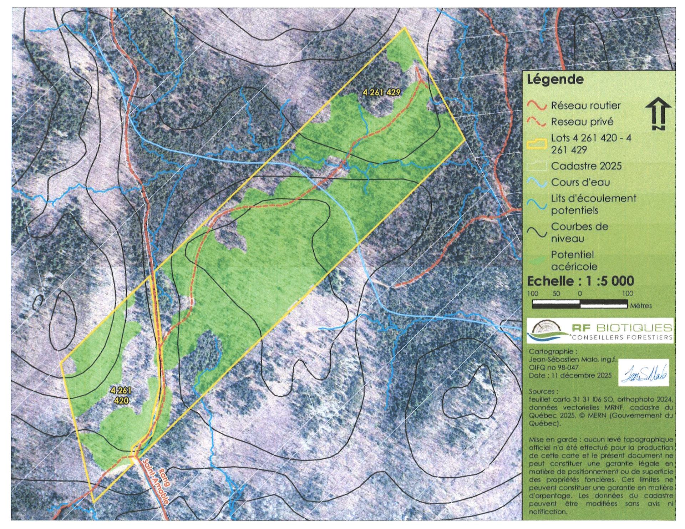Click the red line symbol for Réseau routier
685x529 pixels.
(537, 106)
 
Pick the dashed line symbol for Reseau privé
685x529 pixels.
(537, 122)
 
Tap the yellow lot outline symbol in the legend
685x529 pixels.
(537, 144)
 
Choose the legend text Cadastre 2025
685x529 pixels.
(586, 166)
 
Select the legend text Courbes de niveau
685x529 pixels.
(579, 232)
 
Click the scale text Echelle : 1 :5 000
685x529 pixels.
(580, 281)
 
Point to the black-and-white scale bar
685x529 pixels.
(580, 304)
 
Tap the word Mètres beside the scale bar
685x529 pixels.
(641, 306)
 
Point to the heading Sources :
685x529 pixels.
(542, 391)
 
